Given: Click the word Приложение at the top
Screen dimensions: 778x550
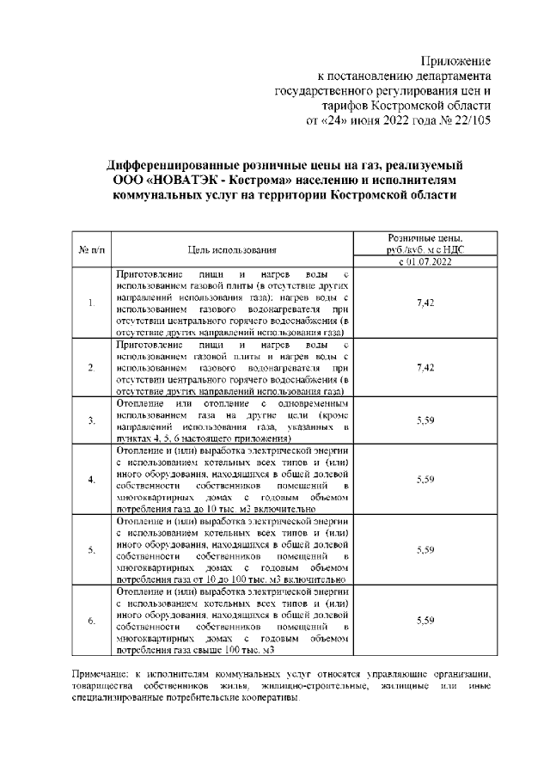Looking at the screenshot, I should (x=455, y=61).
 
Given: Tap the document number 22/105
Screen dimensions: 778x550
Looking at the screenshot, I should (x=469, y=119).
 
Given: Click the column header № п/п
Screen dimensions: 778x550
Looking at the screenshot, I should (x=91, y=249).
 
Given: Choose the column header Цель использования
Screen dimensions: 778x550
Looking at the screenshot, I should (x=232, y=249).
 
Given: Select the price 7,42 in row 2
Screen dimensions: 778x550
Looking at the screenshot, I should (x=425, y=367).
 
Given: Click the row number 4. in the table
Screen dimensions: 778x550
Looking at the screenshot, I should (x=91, y=479).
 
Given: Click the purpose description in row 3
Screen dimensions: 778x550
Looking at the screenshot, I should (x=232, y=420).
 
